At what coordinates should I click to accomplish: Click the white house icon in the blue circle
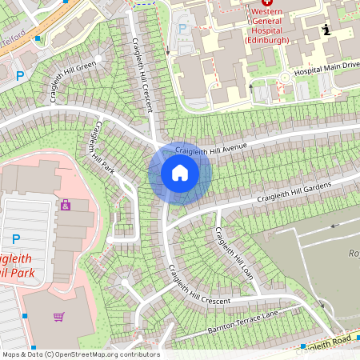(179, 173)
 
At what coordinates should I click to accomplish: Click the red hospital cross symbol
(266, 3)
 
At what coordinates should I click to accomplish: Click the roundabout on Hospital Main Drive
(284, 78)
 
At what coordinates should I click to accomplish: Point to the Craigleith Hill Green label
(63, 78)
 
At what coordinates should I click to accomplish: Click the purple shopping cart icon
(58, 317)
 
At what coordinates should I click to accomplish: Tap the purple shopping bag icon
(65, 206)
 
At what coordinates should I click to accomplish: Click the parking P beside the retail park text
(16, 238)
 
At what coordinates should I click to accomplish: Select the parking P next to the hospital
(182, 29)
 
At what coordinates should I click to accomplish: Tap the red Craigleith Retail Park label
(24, 265)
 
